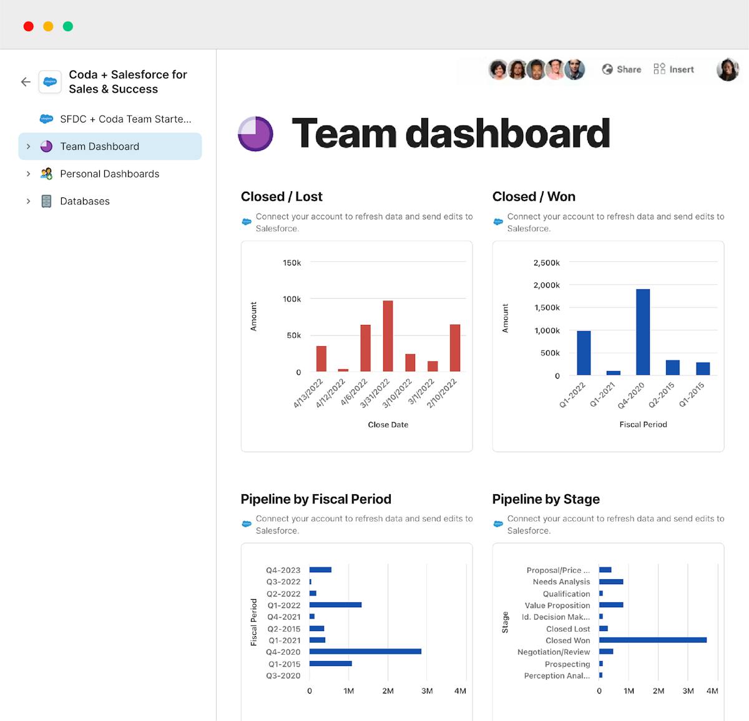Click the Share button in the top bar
622,69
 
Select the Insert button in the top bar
674,69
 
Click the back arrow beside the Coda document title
26,82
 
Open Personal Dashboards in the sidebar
109,174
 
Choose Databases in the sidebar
84,201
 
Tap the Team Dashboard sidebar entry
100,146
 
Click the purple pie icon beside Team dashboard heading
255,134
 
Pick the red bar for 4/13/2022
321,359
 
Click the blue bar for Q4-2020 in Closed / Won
643,332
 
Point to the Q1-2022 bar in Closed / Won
584,353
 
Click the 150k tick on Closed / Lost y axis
291,263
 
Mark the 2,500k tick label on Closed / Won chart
546,263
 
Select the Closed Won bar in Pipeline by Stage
652,640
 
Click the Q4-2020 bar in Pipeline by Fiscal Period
365,652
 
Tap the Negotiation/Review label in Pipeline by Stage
553,652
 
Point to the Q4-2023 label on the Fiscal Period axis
283,570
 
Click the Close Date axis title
388,425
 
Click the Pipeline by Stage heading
546,499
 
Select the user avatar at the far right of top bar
727,69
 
